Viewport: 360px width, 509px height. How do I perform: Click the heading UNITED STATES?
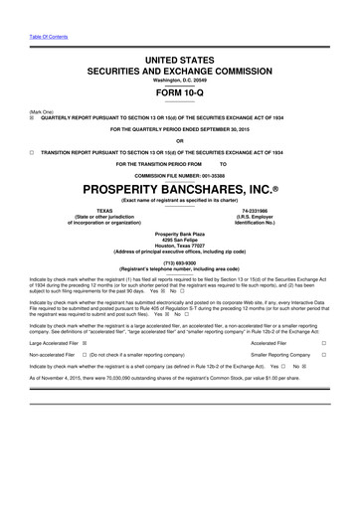coord(179,61)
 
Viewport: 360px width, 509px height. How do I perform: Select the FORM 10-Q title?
coord(179,93)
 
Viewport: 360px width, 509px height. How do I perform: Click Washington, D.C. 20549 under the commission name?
coord(179,81)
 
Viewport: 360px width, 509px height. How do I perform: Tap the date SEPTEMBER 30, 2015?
coord(227,127)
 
